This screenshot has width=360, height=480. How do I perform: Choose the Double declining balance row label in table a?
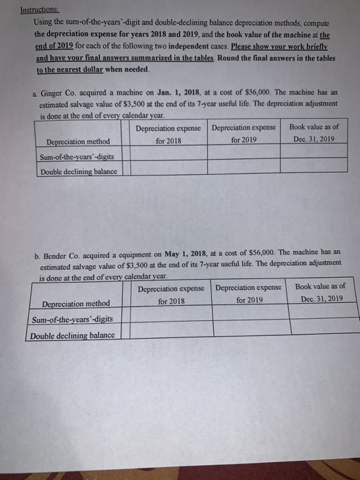point(77,171)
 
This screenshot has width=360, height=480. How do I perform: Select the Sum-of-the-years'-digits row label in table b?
point(71,319)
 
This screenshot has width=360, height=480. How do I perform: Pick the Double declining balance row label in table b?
point(72,335)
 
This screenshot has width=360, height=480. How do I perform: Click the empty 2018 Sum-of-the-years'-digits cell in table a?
point(168,157)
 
